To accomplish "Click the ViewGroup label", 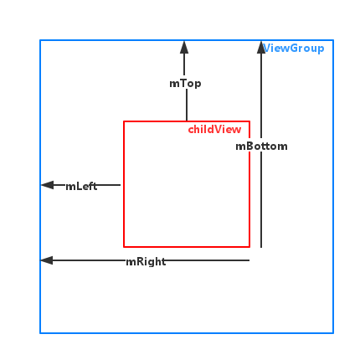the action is pyautogui.click(x=294, y=49).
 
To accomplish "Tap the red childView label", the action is pyautogui.click(x=214, y=130).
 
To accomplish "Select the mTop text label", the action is pyautogui.click(x=185, y=84).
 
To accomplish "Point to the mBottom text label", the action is pyautogui.click(x=261, y=147).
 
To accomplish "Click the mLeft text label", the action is pyautogui.click(x=81, y=186).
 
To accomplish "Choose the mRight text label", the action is pyautogui.click(x=146, y=262).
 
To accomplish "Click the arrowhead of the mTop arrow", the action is pyautogui.click(x=184, y=47).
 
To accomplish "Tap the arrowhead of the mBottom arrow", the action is pyautogui.click(x=261, y=47).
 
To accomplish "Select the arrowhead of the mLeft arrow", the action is pyautogui.click(x=47, y=185).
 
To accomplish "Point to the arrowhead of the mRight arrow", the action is pyautogui.click(x=47, y=260).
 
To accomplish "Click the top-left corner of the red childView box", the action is pyautogui.click(x=124, y=121).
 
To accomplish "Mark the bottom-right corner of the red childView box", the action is pyautogui.click(x=249, y=247).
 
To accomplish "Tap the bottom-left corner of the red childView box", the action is pyautogui.click(x=124, y=247).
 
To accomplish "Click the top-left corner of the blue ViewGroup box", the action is pyautogui.click(x=40, y=40).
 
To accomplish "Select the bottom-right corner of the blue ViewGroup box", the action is pyautogui.click(x=333, y=333).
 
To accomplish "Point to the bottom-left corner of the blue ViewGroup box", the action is pyautogui.click(x=40, y=333).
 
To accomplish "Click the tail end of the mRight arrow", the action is pyautogui.click(x=249, y=260).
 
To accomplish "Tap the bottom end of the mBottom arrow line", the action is pyautogui.click(x=261, y=247).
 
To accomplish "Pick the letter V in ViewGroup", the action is pyautogui.click(x=266, y=48).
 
